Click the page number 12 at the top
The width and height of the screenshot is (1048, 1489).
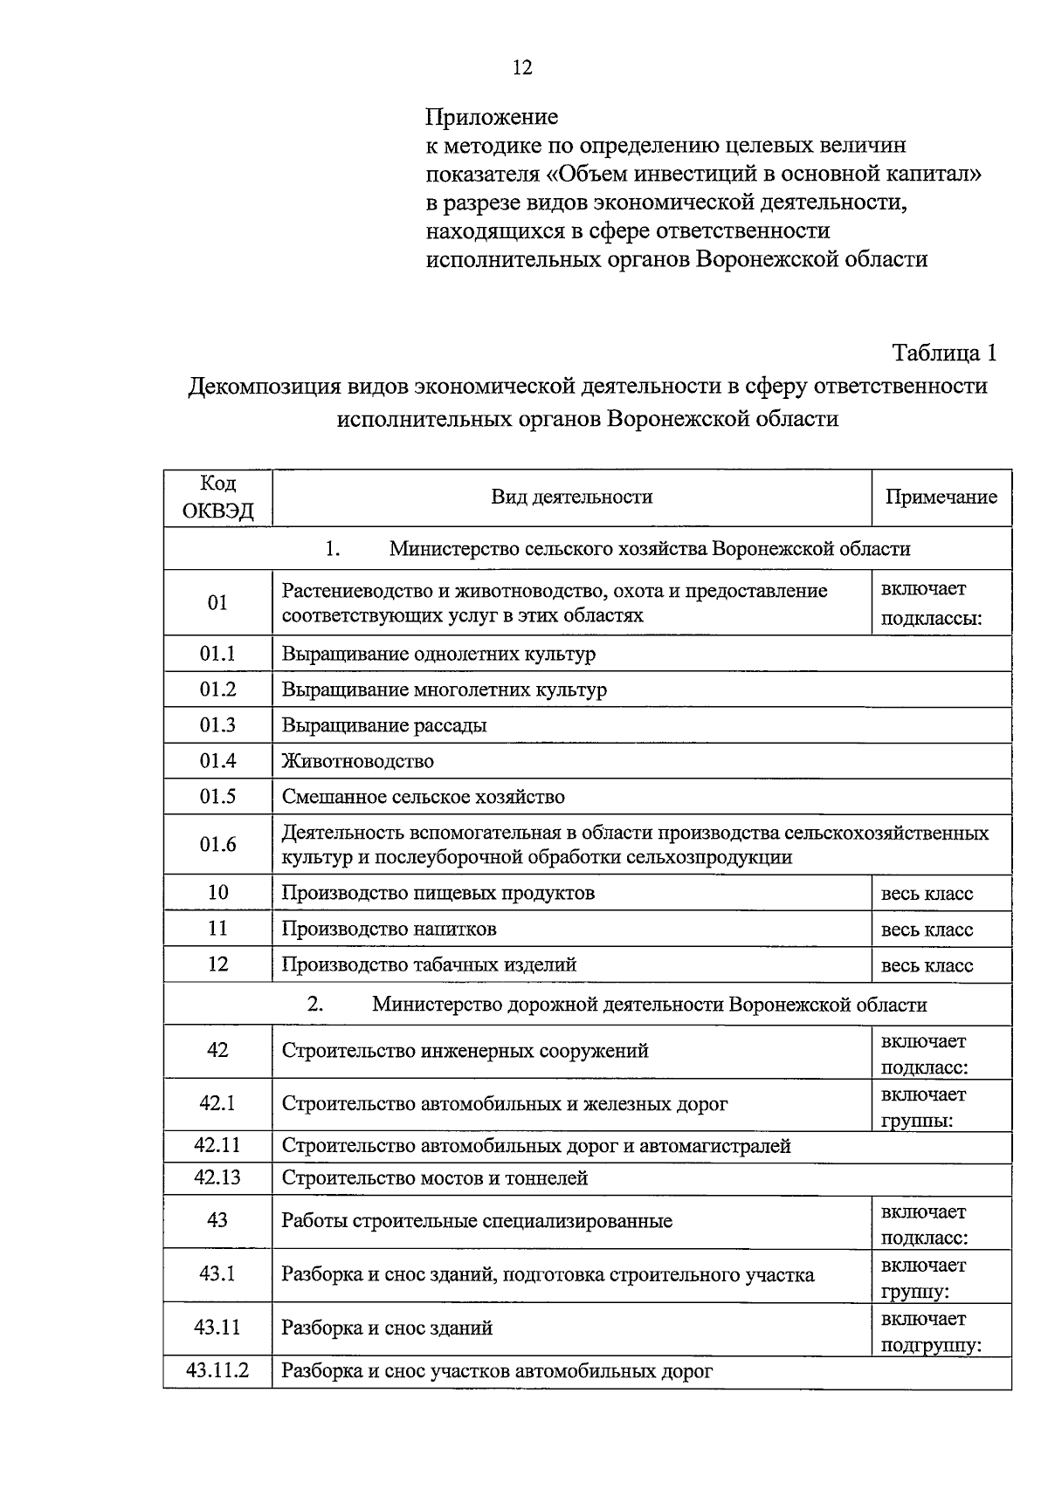click(x=522, y=68)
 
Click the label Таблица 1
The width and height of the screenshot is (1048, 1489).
click(x=943, y=353)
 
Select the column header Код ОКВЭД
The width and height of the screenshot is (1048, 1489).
click(x=217, y=497)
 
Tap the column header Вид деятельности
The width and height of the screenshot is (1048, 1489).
click(x=571, y=497)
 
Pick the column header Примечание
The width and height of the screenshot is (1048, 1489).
click(x=941, y=497)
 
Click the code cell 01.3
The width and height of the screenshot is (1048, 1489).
click(x=217, y=725)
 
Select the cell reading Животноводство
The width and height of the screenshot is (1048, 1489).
click(x=357, y=761)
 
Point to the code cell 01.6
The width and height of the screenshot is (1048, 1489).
click(x=217, y=844)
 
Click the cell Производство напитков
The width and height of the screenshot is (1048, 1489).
click(x=389, y=929)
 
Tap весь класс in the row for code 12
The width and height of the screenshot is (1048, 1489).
click(x=927, y=965)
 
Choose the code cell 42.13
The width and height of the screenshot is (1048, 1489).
click(x=217, y=1177)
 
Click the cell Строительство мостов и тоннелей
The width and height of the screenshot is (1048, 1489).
click(x=434, y=1178)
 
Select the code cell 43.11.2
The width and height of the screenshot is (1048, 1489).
click(x=217, y=1371)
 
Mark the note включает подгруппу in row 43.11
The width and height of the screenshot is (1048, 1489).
click(x=931, y=1332)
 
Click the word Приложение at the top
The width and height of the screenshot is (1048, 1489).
click(x=491, y=116)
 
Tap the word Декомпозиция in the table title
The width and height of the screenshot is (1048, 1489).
click(x=263, y=386)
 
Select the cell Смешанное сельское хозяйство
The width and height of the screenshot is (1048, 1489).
click(x=423, y=797)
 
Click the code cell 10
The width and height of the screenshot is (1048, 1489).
click(x=217, y=892)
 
